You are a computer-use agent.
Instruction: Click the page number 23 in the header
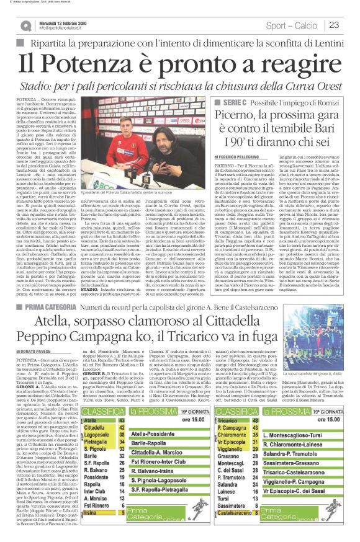[334, 25]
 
